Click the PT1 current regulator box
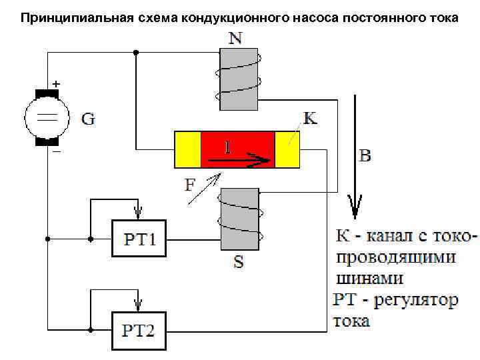[x=139, y=237]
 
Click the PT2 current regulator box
[x=139, y=329]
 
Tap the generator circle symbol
[x=47, y=117]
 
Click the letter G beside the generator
[x=88, y=120]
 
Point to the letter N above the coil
[x=235, y=39]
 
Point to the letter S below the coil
[x=238, y=262]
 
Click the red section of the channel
[x=237, y=149]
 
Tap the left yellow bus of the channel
[x=187, y=149]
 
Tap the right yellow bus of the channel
[x=287, y=149]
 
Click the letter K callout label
[x=310, y=119]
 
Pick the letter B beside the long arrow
[x=365, y=157]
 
